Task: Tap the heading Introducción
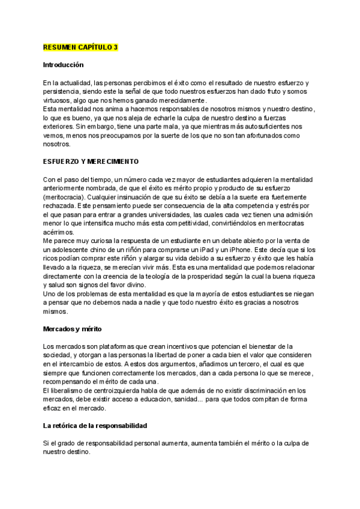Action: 64,64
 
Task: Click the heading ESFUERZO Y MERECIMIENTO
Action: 91,161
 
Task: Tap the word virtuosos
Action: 58,100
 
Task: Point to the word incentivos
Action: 178,346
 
